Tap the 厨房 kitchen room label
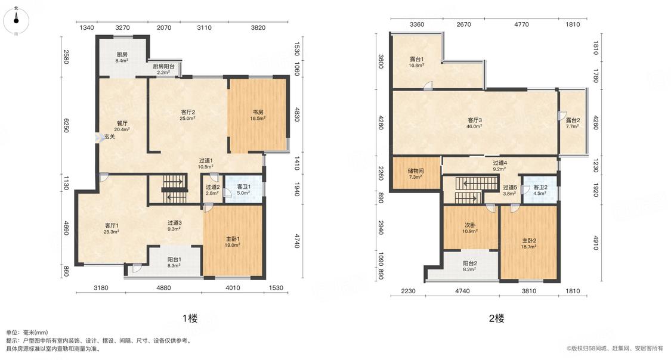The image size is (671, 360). pyautogui.click(x=122, y=55)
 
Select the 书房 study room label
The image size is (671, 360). pyautogui.click(x=257, y=113)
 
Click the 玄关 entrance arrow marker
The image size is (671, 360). pyautogui.click(x=97, y=137)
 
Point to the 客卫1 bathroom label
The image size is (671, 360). pyautogui.click(x=244, y=187)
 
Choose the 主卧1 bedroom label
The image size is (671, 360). pyautogui.click(x=233, y=239)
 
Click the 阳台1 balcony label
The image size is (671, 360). pyautogui.click(x=174, y=259)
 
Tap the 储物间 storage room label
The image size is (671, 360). pyautogui.click(x=416, y=171)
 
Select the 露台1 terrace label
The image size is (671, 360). pyautogui.click(x=416, y=59)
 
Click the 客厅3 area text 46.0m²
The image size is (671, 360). pyautogui.click(x=475, y=126)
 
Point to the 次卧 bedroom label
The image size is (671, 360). pyautogui.click(x=470, y=225)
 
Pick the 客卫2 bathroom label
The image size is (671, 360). pyautogui.click(x=540, y=187)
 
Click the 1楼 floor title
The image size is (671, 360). pyautogui.click(x=190, y=318)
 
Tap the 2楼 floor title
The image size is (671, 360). pyautogui.click(x=496, y=318)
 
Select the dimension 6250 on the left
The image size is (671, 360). pyautogui.click(x=66, y=125)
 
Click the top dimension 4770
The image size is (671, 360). pyautogui.click(x=521, y=24)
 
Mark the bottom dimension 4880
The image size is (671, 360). pyautogui.click(x=163, y=288)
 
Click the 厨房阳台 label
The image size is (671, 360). pyautogui.click(x=163, y=66)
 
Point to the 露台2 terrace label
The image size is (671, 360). pyautogui.click(x=573, y=120)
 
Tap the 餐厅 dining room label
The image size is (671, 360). pyautogui.click(x=122, y=123)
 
